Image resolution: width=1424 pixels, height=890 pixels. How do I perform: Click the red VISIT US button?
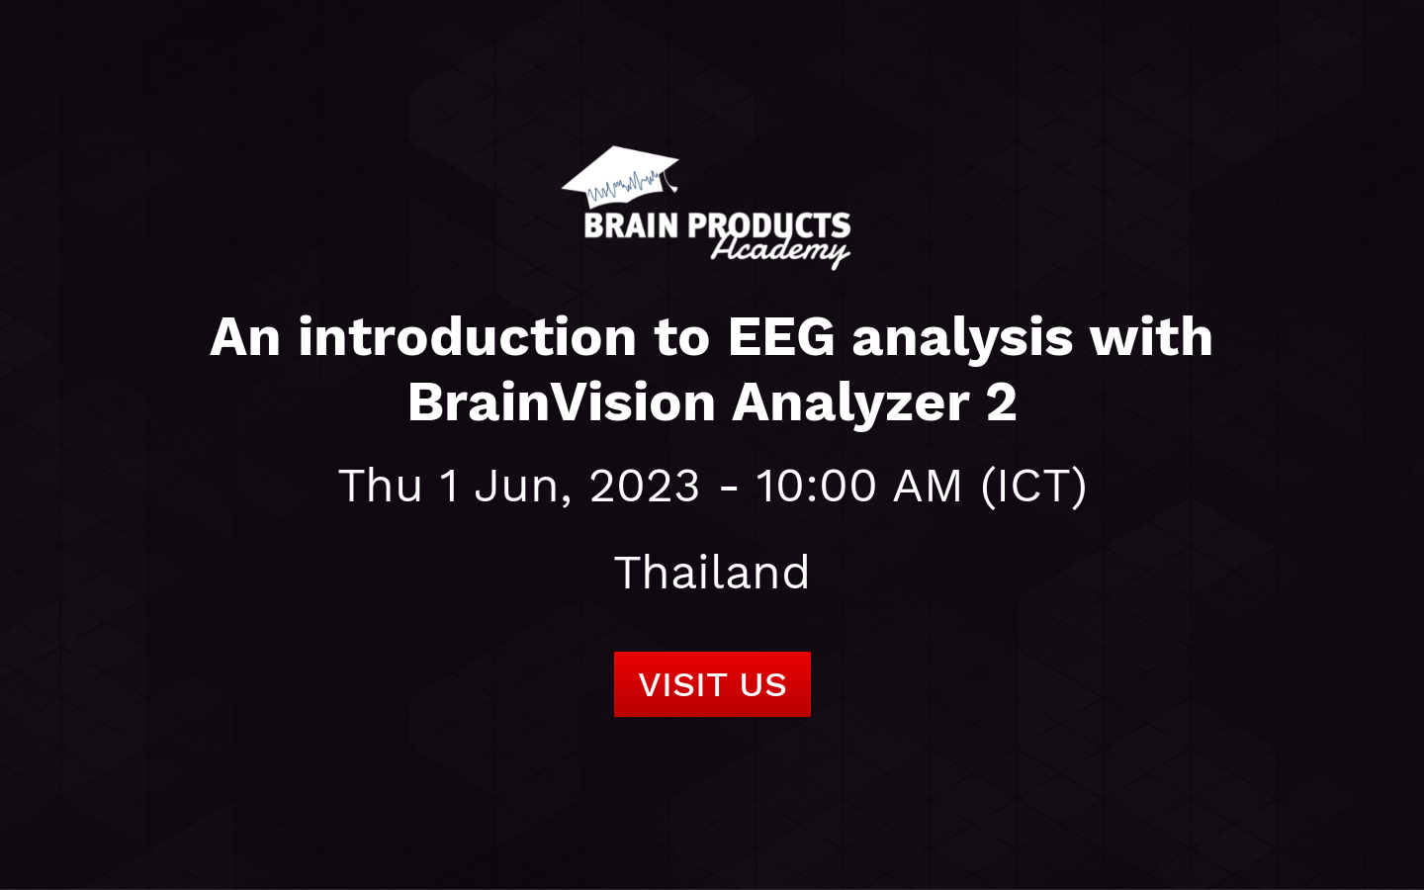[712, 684]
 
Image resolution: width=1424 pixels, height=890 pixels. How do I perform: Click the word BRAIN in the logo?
[631, 226]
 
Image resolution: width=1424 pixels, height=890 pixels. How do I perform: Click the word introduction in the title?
[467, 337]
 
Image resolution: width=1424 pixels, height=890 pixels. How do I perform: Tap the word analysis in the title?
[962, 337]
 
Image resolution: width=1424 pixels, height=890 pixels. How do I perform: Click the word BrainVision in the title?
[561, 402]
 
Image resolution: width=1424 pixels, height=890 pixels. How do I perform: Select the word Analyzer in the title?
[850, 402]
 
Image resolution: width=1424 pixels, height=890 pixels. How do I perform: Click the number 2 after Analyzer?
[1001, 402]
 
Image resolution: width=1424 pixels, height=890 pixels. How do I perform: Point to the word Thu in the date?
[380, 486]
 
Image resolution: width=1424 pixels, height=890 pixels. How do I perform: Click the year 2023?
[645, 486]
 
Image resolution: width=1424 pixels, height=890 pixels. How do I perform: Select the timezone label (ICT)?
[1033, 486]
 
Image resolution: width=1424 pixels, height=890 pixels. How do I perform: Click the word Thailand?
[712, 573]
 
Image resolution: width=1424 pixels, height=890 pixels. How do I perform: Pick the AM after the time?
[927, 486]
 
